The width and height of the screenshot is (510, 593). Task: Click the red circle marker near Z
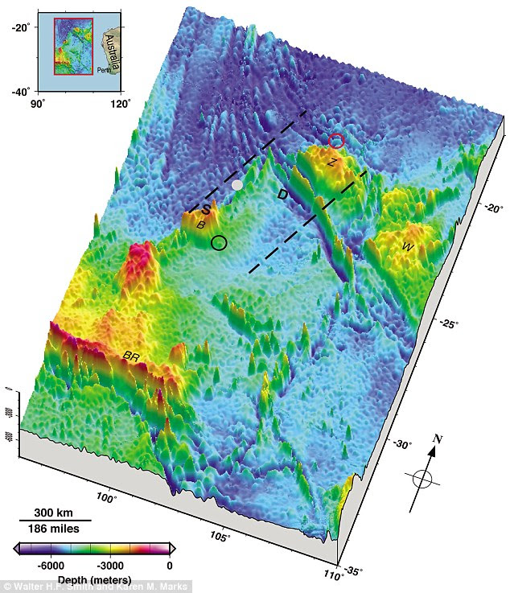(x=336, y=142)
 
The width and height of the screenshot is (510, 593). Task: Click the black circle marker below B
(x=219, y=241)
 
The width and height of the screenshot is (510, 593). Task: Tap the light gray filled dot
(x=236, y=185)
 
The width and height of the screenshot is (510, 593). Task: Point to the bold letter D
(x=282, y=195)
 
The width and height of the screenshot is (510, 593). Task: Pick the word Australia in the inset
(x=112, y=47)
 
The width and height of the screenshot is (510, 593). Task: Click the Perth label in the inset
(x=105, y=70)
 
